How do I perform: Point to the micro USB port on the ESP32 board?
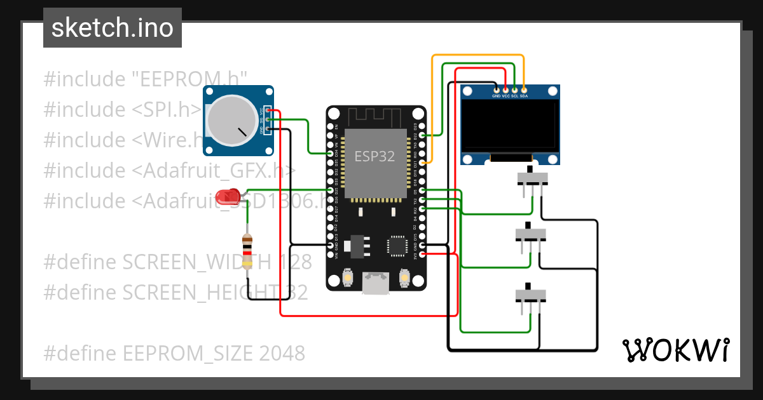pyautogui.click(x=376, y=283)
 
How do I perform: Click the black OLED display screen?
pyautogui.click(x=511, y=126)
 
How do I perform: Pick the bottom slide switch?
pyautogui.click(x=530, y=295)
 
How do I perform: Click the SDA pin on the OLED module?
pyautogui.click(x=523, y=90)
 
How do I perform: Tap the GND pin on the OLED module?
pyautogui.click(x=496, y=90)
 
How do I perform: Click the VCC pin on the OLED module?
pyautogui.click(x=505, y=90)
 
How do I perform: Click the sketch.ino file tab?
pyautogui.click(x=113, y=28)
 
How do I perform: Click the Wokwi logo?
pyautogui.click(x=675, y=350)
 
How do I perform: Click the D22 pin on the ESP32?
pyautogui.click(x=422, y=135)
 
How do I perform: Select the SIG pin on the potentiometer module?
pyautogui.click(x=269, y=119)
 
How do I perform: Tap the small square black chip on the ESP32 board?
pyautogui.click(x=397, y=246)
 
